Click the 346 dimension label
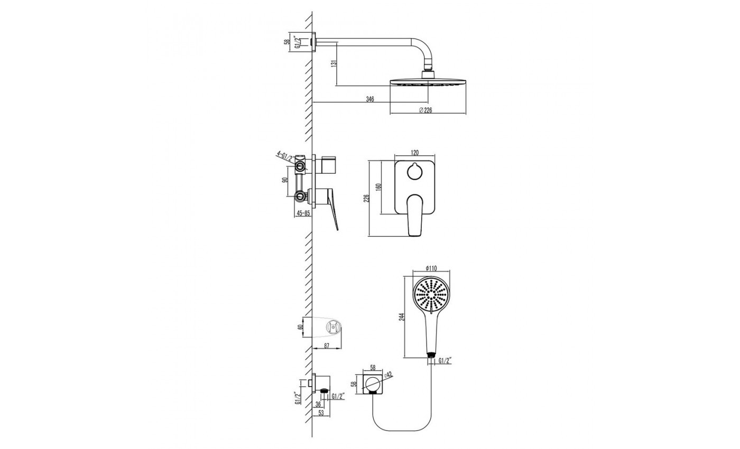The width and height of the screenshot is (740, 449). click(370, 99)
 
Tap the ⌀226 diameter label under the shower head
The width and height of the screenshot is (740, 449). click(425, 110)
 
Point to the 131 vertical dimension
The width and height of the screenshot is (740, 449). click(334, 64)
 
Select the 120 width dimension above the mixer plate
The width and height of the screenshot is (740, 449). click(414, 153)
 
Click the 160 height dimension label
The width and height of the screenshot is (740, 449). click(378, 187)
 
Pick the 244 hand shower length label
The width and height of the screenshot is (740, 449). click(401, 317)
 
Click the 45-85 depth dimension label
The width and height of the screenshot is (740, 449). click(303, 213)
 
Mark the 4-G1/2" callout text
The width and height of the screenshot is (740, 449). click(285, 156)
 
